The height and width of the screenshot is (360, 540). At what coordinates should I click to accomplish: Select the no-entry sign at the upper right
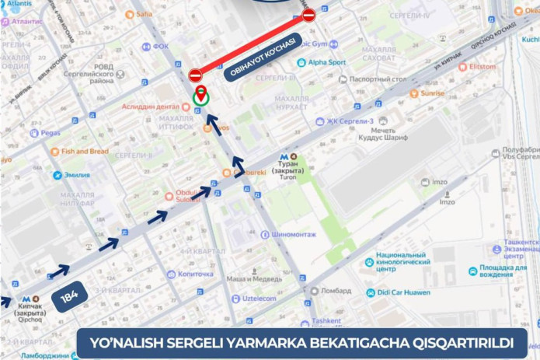point(308,15)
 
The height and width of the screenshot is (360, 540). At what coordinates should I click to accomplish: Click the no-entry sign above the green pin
point(195,75)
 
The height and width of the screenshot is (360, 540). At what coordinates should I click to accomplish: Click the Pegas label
point(49,133)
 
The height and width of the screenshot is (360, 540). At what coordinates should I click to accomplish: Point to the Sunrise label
point(431,93)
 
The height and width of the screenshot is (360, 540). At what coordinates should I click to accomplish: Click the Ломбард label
point(335,292)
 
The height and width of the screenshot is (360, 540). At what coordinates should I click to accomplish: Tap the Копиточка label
point(194,274)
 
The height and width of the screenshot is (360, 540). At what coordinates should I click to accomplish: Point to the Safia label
point(144,14)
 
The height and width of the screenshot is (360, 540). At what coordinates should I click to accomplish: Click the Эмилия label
point(76,175)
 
